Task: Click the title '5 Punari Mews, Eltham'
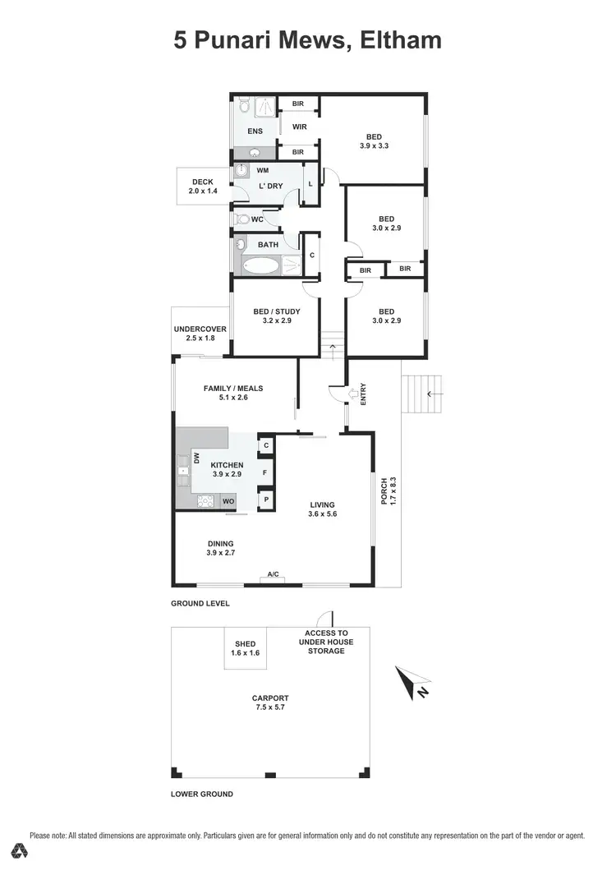pos(307,40)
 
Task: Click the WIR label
pos(299,127)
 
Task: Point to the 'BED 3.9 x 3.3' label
pos(374,141)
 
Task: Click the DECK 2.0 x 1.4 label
pos(203,187)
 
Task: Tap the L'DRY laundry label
pos(270,187)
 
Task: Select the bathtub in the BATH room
pos(259,265)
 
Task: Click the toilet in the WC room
pos(241,219)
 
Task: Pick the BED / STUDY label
pos(276,316)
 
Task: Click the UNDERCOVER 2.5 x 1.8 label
pos(200,334)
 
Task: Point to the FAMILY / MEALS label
pos(233,393)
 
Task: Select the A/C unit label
pos(272,575)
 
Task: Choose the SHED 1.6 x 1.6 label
pos(245,648)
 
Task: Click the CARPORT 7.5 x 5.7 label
pos(270,702)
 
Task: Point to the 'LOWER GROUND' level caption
pos(202,794)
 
